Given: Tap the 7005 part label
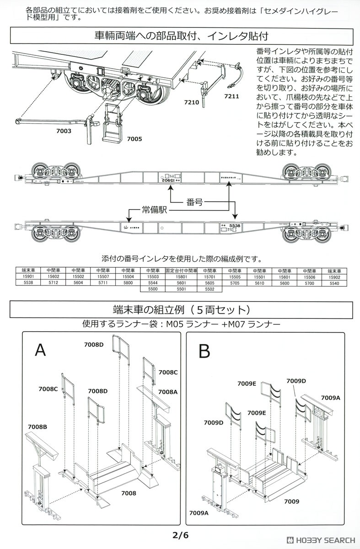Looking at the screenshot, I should click(x=134, y=138).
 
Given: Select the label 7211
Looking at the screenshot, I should click(x=231, y=97).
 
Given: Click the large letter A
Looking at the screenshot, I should click(x=41, y=350).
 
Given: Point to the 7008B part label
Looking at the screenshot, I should click(x=38, y=426).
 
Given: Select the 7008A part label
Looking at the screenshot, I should click(x=168, y=392).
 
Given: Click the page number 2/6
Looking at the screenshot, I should click(x=180, y=534).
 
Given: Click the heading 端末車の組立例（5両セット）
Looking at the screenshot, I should click(x=180, y=310).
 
